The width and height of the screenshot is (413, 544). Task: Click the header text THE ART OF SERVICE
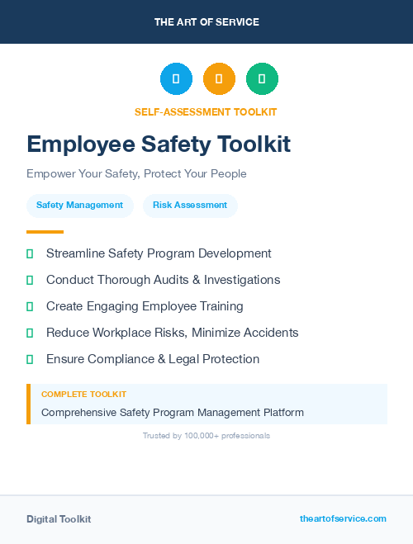coord(206,22)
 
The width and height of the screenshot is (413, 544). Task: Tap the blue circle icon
coord(176,79)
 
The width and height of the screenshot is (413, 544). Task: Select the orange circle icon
coord(219,79)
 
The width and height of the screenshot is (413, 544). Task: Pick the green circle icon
coord(262,79)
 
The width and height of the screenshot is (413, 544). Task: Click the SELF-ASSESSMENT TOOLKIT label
coord(206,111)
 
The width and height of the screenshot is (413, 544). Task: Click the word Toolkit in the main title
coord(254,145)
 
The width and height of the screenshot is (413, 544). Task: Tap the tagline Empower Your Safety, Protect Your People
coord(136,174)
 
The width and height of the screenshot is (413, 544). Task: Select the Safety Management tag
coord(79,206)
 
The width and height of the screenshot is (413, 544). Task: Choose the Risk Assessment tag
coord(190,206)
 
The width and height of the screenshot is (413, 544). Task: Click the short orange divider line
coord(45,232)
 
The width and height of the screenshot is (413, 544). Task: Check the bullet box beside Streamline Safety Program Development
coord(30,253)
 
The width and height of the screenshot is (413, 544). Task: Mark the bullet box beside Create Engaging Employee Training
coord(30,306)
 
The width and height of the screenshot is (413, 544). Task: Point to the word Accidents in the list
coord(270,333)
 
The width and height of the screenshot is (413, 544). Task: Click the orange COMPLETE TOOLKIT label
coord(83,395)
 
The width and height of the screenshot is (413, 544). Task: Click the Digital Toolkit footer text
coord(59,519)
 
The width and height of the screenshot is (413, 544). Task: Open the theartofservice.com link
coord(343,518)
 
